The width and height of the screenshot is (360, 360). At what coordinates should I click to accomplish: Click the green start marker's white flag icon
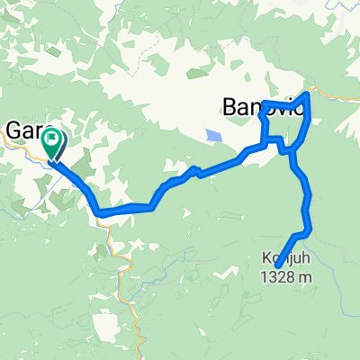point(53,139)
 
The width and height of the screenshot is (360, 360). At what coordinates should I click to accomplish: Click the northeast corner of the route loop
point(309,94)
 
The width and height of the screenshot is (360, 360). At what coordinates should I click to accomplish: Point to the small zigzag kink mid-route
point(192,170)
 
